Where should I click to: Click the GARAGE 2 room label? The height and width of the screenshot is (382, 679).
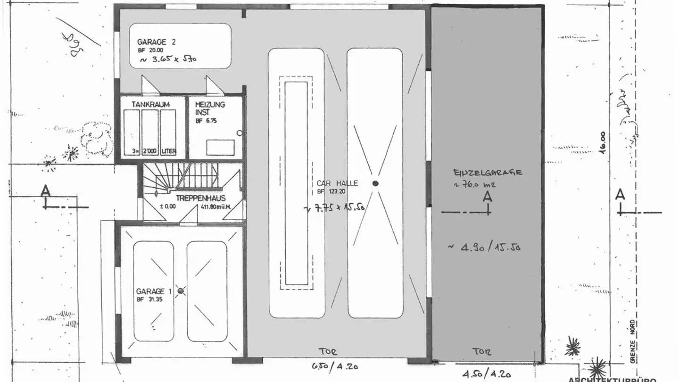156,42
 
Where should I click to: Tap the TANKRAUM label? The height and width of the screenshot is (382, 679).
150,104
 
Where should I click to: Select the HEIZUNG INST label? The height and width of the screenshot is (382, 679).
210,108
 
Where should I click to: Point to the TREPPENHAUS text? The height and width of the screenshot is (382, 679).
200,199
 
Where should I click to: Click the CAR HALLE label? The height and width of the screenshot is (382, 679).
337,183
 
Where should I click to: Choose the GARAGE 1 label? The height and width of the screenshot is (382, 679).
150,291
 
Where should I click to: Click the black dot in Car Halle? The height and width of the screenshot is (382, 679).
375,183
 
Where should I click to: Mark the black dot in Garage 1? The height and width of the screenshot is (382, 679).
180,291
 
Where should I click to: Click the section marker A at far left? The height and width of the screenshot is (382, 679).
45,191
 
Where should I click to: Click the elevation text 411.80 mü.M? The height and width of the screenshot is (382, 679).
215,206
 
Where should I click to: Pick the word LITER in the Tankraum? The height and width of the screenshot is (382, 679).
168,151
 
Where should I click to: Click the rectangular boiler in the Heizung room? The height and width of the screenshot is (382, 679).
220,147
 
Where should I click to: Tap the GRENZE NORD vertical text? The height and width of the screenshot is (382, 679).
633,340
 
